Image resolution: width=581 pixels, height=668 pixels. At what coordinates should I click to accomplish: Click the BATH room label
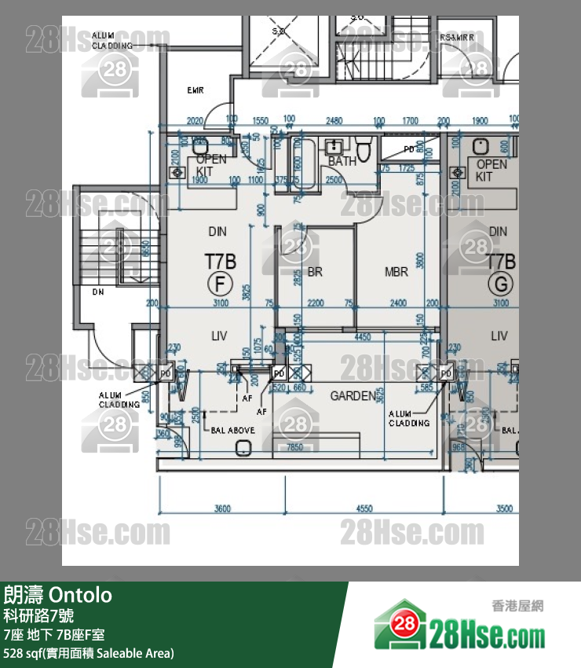[342, 161]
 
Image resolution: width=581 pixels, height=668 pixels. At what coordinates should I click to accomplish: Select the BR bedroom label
[316, 272]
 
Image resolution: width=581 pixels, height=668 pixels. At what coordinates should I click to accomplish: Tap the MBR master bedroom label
[396, 272]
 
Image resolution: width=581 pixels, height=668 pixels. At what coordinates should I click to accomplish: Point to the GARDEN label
[353, 396]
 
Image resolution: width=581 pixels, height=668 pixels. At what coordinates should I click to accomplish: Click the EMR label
[195, 90]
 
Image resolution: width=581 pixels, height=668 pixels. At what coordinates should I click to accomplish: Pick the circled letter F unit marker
[220, 283]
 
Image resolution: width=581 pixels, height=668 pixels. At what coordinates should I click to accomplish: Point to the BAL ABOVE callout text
[232, 431]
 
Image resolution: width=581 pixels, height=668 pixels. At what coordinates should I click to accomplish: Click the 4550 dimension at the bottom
[364, 508]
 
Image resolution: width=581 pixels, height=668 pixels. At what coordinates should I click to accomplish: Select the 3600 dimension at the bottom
[222, 508]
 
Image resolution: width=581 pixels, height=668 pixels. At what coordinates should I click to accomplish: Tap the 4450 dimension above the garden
[362, 337]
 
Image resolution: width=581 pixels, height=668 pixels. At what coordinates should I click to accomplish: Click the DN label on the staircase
[98, 292]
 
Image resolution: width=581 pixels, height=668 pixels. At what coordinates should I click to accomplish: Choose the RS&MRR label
[455, 37]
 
